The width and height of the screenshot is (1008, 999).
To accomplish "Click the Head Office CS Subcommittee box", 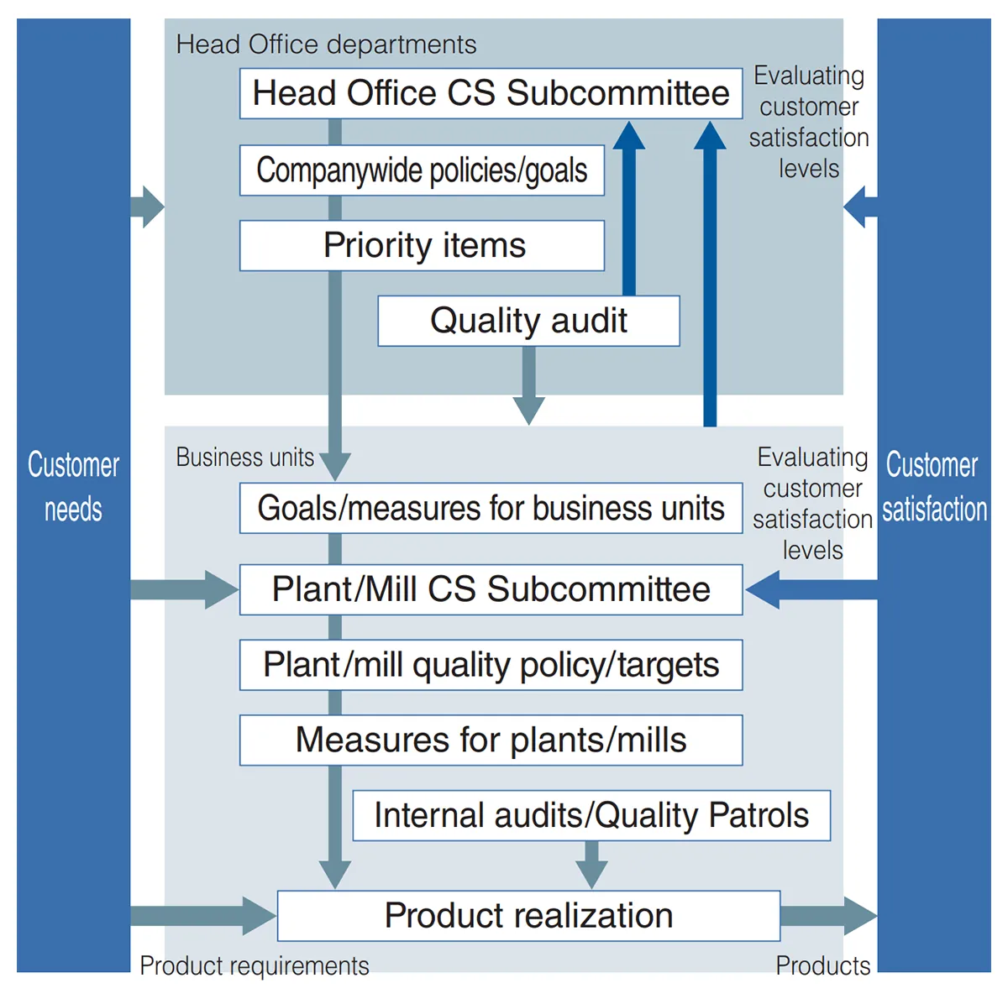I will click(491, 93).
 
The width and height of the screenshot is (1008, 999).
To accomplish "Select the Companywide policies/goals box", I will click(422, 170).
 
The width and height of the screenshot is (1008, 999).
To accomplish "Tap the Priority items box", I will click(422, 245).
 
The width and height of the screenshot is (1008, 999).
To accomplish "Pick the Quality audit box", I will click(528, 321).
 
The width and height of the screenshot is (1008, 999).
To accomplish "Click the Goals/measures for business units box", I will click(491, 508).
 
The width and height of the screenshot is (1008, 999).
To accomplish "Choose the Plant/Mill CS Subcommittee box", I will click(491, 589).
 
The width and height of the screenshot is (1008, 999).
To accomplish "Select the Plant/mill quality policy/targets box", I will click(491, 665).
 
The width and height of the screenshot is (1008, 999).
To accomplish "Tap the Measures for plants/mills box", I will click(491, 740).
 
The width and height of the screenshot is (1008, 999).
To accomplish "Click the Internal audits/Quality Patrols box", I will click(591, 815).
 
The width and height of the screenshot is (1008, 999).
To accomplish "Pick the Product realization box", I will click(528, 916).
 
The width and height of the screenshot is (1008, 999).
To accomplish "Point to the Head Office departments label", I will click(326, 44).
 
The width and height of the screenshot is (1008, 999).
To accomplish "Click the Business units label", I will click(244, 458).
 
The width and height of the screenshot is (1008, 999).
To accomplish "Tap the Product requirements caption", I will click(254, 965).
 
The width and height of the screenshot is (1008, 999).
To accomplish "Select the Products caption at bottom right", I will click(822, 965).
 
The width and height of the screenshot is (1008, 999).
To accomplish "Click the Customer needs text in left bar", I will click(73, 487).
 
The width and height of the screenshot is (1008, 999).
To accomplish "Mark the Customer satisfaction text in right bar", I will click(933, 487).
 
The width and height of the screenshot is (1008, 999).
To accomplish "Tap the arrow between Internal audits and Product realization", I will click(591, 865).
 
